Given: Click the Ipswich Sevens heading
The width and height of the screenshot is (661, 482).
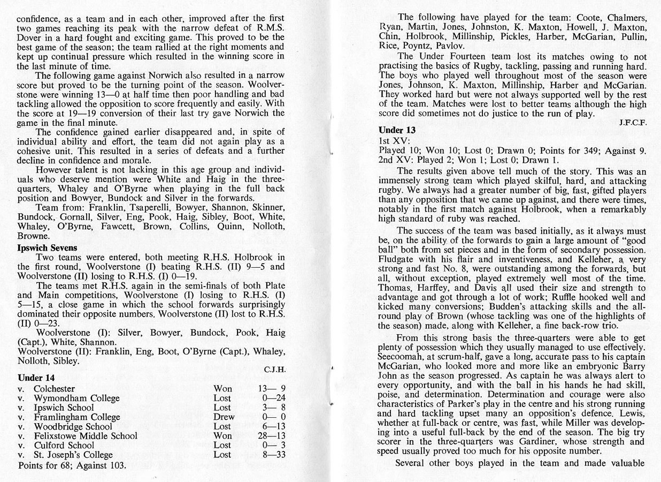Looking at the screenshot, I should click(x=47, y=247).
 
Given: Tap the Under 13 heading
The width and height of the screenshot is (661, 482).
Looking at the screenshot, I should click(x=397, y=130).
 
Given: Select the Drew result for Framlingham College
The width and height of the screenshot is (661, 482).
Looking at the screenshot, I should click(x=224, y=417).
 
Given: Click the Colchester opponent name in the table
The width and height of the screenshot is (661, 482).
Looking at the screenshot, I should click(x=54, y=389).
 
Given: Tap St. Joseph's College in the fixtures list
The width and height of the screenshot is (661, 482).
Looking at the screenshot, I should click(x=73, y=455).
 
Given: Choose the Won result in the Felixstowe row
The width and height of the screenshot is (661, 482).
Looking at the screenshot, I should click(x=222, y=436).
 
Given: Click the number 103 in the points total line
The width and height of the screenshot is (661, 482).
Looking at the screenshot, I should click(x=117, y=465).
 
